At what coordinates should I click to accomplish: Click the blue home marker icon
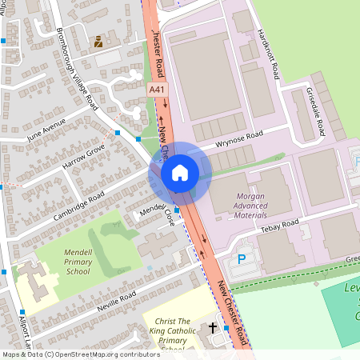180,172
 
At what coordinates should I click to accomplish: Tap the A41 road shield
158,92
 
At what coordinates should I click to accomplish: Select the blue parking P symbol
242,259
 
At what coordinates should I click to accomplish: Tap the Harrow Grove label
85,159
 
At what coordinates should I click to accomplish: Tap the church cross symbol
213,328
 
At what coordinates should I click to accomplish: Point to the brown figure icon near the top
98,41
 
